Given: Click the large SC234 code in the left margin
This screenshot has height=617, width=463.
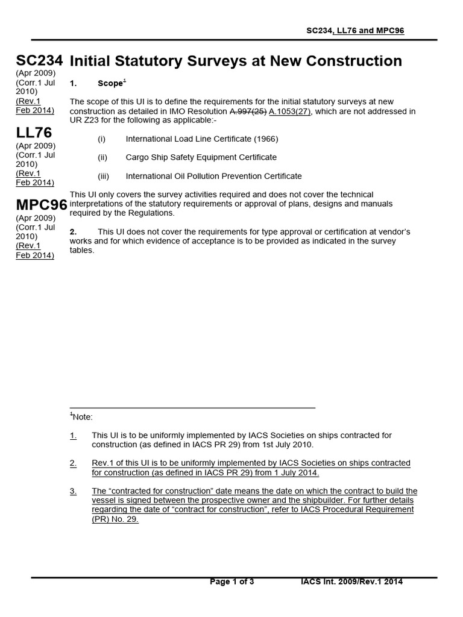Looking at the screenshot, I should coord(39,61).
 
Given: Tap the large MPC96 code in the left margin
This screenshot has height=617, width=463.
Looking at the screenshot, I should coord(41,205).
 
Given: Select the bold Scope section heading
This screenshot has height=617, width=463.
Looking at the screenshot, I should coord(110,83).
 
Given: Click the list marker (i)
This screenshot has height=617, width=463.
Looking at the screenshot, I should coord(101,139).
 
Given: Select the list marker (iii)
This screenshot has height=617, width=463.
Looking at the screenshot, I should coord(103,176).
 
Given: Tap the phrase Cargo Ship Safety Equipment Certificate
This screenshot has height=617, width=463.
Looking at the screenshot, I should coord(201,157).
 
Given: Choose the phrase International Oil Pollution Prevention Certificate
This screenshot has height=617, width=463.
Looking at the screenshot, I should coord(213,176).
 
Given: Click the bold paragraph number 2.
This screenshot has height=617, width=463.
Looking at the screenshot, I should coord(73,232).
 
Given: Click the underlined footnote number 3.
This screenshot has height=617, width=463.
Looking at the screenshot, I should coord(73,492).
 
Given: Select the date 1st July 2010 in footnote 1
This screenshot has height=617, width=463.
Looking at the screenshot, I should coord(285,445).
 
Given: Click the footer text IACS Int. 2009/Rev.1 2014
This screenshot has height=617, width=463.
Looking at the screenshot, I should coord(351,581).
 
